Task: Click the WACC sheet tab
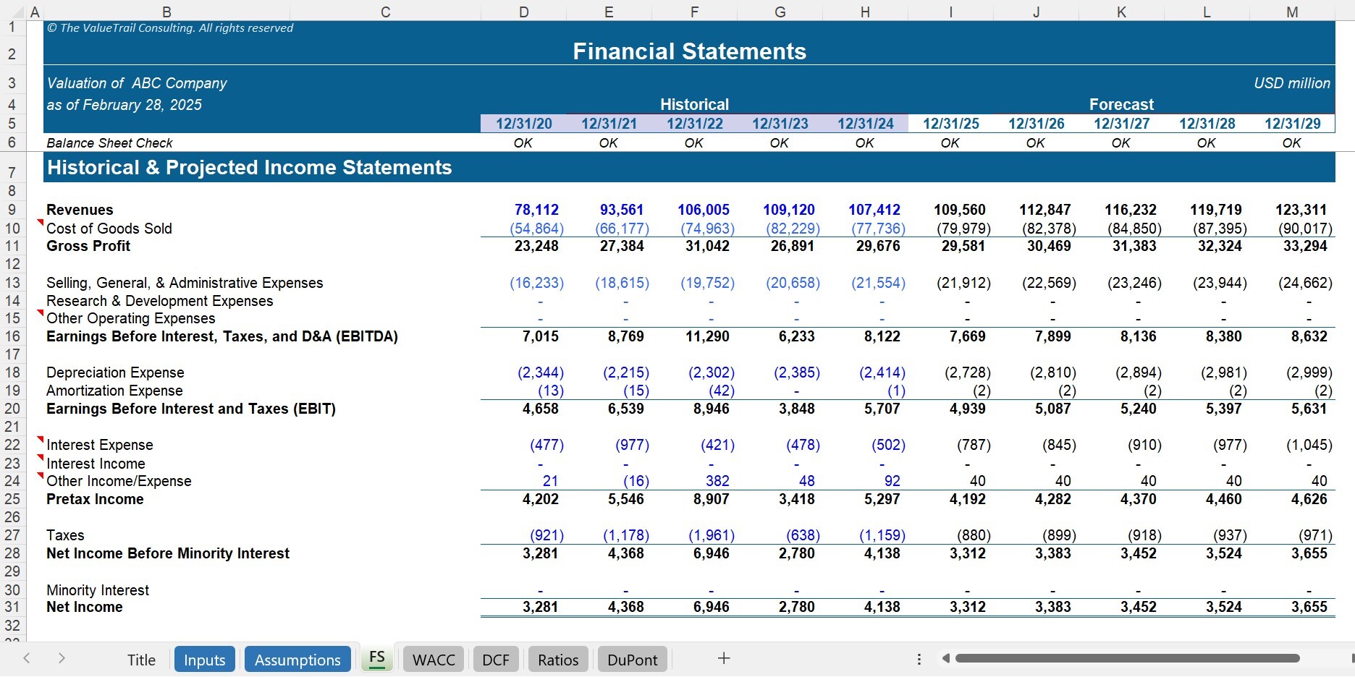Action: coord(434,660)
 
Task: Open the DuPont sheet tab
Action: coord(632,660)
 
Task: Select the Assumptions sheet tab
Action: coord(297,660)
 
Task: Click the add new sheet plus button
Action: coord(723,658)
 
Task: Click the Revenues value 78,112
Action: coord(536,210)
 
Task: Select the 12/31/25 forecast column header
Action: coord(950,124)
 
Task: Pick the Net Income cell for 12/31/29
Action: coord(1309,607)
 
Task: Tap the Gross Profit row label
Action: coord(88,246)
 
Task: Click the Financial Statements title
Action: coord(689,51)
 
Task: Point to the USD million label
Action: coord(1291,83)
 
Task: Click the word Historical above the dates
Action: coord(694,104)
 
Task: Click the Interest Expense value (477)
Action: coord(546,445)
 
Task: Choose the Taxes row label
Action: coord(65,535)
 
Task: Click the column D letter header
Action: coord(523,12)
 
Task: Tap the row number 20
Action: coord(12,409)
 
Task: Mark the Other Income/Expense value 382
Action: coord(717,481)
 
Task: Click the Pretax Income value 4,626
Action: coord(1309,499)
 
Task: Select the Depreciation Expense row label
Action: coord(115,372)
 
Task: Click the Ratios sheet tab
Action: coord(558,660)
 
